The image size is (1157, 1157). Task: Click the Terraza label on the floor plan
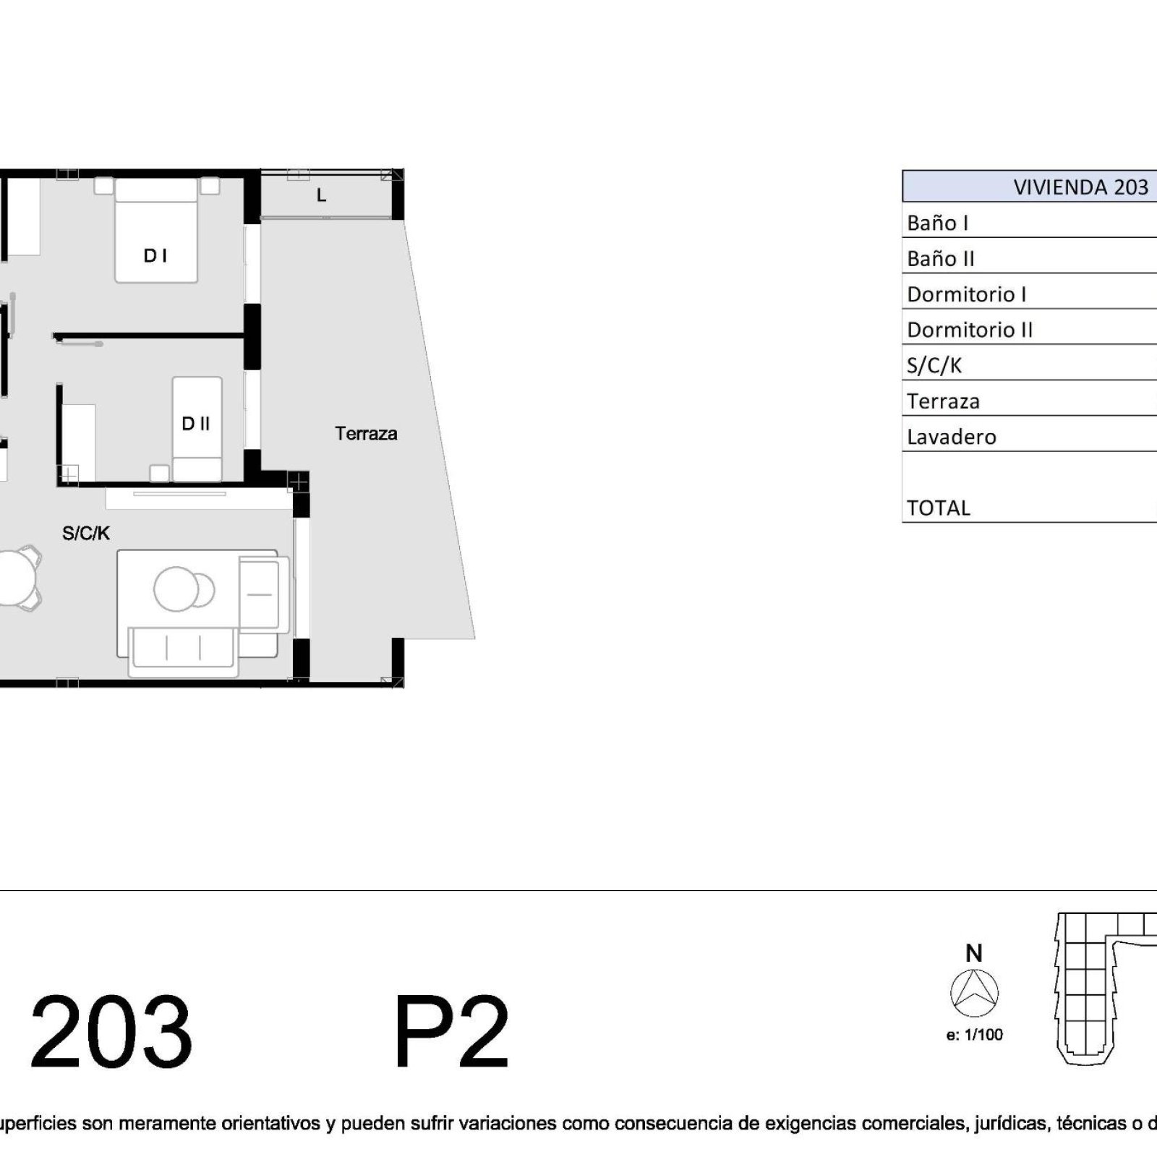coord(366,434)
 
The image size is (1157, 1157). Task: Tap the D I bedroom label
coord(155,255)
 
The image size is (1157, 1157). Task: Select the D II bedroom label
coord(195,424)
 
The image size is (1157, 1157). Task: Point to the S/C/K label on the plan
coord(86,534)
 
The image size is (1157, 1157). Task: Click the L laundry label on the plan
coord(322,195)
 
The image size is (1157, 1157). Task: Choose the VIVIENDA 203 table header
coord(1080,187)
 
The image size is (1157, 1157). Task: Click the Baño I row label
coord(937,223)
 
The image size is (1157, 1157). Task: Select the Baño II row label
coord(941,258)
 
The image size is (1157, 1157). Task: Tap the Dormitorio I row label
coord(967,294)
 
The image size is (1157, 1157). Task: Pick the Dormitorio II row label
coord(970,330)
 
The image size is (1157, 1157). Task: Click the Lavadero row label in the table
coord(952,437)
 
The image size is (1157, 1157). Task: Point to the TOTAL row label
coord(939,508)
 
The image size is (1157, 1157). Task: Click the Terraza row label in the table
coord(943,401)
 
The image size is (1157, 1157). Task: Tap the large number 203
coord(111,1032)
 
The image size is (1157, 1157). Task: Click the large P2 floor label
coord(452,1032)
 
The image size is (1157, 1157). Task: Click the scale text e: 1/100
coord(974,1035)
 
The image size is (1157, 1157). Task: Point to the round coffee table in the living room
coord(176,589)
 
